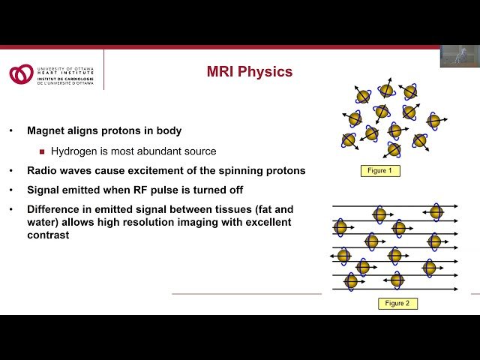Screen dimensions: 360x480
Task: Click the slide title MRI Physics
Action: click(250, 73)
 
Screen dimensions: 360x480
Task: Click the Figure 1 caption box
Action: click(378, 171)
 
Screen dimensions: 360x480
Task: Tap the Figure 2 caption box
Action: click(397, 303)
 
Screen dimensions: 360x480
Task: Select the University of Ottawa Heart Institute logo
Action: click(20, 73)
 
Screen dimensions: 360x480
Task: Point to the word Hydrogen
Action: click(74, 151)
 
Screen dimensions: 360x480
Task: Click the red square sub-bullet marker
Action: click(42, 151)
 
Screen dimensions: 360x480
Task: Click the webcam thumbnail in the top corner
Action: click(459, 56)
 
